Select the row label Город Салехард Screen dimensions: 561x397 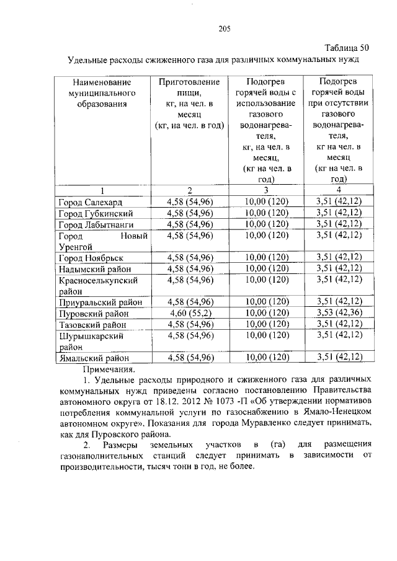[x=91, y=203]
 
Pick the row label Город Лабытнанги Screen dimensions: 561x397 [x=95, y=224]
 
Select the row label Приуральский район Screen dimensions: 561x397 [x=99, y=303]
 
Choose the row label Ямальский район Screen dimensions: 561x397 [x=94, y=358]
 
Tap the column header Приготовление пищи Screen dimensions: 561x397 [x=189, y=82]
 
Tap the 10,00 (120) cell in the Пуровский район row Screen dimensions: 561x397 [x=266, y=314]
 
